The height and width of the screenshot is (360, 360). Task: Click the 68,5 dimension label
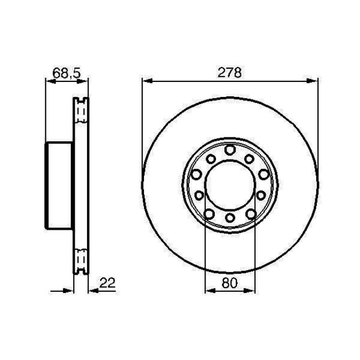(65, 73)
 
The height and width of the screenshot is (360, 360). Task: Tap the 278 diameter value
(230, 73)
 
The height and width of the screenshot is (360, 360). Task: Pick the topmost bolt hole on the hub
(230, 150)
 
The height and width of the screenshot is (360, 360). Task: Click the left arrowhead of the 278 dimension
(146, 81)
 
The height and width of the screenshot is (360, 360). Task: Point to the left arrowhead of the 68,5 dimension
(49, 81)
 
